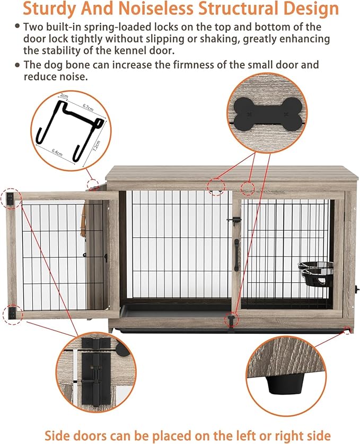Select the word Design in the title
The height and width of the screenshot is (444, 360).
pos(310,8)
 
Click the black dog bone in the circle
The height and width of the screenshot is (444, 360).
pos(267,112)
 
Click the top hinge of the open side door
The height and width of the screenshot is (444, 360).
pos(11,198)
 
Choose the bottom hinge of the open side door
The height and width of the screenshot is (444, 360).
pos(11,313)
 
